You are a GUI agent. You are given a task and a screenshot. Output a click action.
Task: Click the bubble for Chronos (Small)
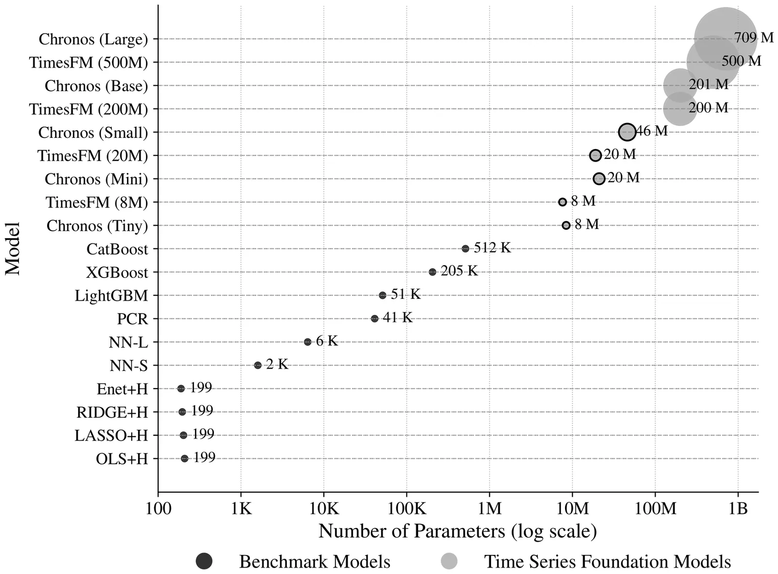point(627,132)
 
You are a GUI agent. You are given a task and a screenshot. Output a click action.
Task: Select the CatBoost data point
point(465,249)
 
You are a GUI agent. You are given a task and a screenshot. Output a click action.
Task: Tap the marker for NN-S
point(258,365)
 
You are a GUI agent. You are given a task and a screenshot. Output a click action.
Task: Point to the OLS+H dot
point(184,459)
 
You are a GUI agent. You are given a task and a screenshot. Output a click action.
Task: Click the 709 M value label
point(753,37)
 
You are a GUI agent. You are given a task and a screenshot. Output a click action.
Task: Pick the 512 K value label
point(492,248)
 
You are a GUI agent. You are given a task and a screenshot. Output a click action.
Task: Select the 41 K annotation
point(397,317)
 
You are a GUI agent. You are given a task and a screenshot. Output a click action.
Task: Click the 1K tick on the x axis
point(241,509)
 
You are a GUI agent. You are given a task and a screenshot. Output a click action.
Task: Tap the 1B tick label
point(738,509)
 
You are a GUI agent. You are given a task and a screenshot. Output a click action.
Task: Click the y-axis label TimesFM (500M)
point(88,63)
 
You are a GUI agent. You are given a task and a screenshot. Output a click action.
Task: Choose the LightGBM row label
point(111,296)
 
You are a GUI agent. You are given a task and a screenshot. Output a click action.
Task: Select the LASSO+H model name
point(111,436)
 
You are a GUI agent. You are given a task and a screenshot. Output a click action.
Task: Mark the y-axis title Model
point(13,249)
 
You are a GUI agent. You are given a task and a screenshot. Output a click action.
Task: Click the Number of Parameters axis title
point(458,531)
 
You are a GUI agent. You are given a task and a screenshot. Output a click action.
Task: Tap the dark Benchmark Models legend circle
point(204,561)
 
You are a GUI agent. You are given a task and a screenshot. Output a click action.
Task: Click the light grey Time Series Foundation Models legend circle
point(449,561)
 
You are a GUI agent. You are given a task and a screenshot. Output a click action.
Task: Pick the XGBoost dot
point(432,272)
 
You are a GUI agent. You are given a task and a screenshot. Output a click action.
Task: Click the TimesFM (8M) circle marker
point(563,202)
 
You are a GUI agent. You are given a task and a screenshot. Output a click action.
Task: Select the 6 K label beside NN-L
point(326,341)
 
